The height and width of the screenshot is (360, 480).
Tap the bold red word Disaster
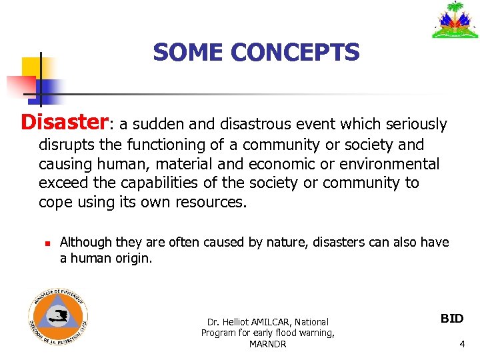pyautogui.click(x=64, y=122)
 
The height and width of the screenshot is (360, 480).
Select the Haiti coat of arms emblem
pyautogui.click(x=455, y=20)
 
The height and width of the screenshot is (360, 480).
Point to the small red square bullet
pyautogui.click(x=42, y=243)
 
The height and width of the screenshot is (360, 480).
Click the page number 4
pyautogui.click(x=462, y=344)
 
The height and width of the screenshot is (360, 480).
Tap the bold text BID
pyautogui.click(x=452, y=319)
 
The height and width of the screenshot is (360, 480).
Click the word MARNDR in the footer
pyautogui.click(x=267, y=344)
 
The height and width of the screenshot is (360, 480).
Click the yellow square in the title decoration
pyautogui.click(x=32, y=68)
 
